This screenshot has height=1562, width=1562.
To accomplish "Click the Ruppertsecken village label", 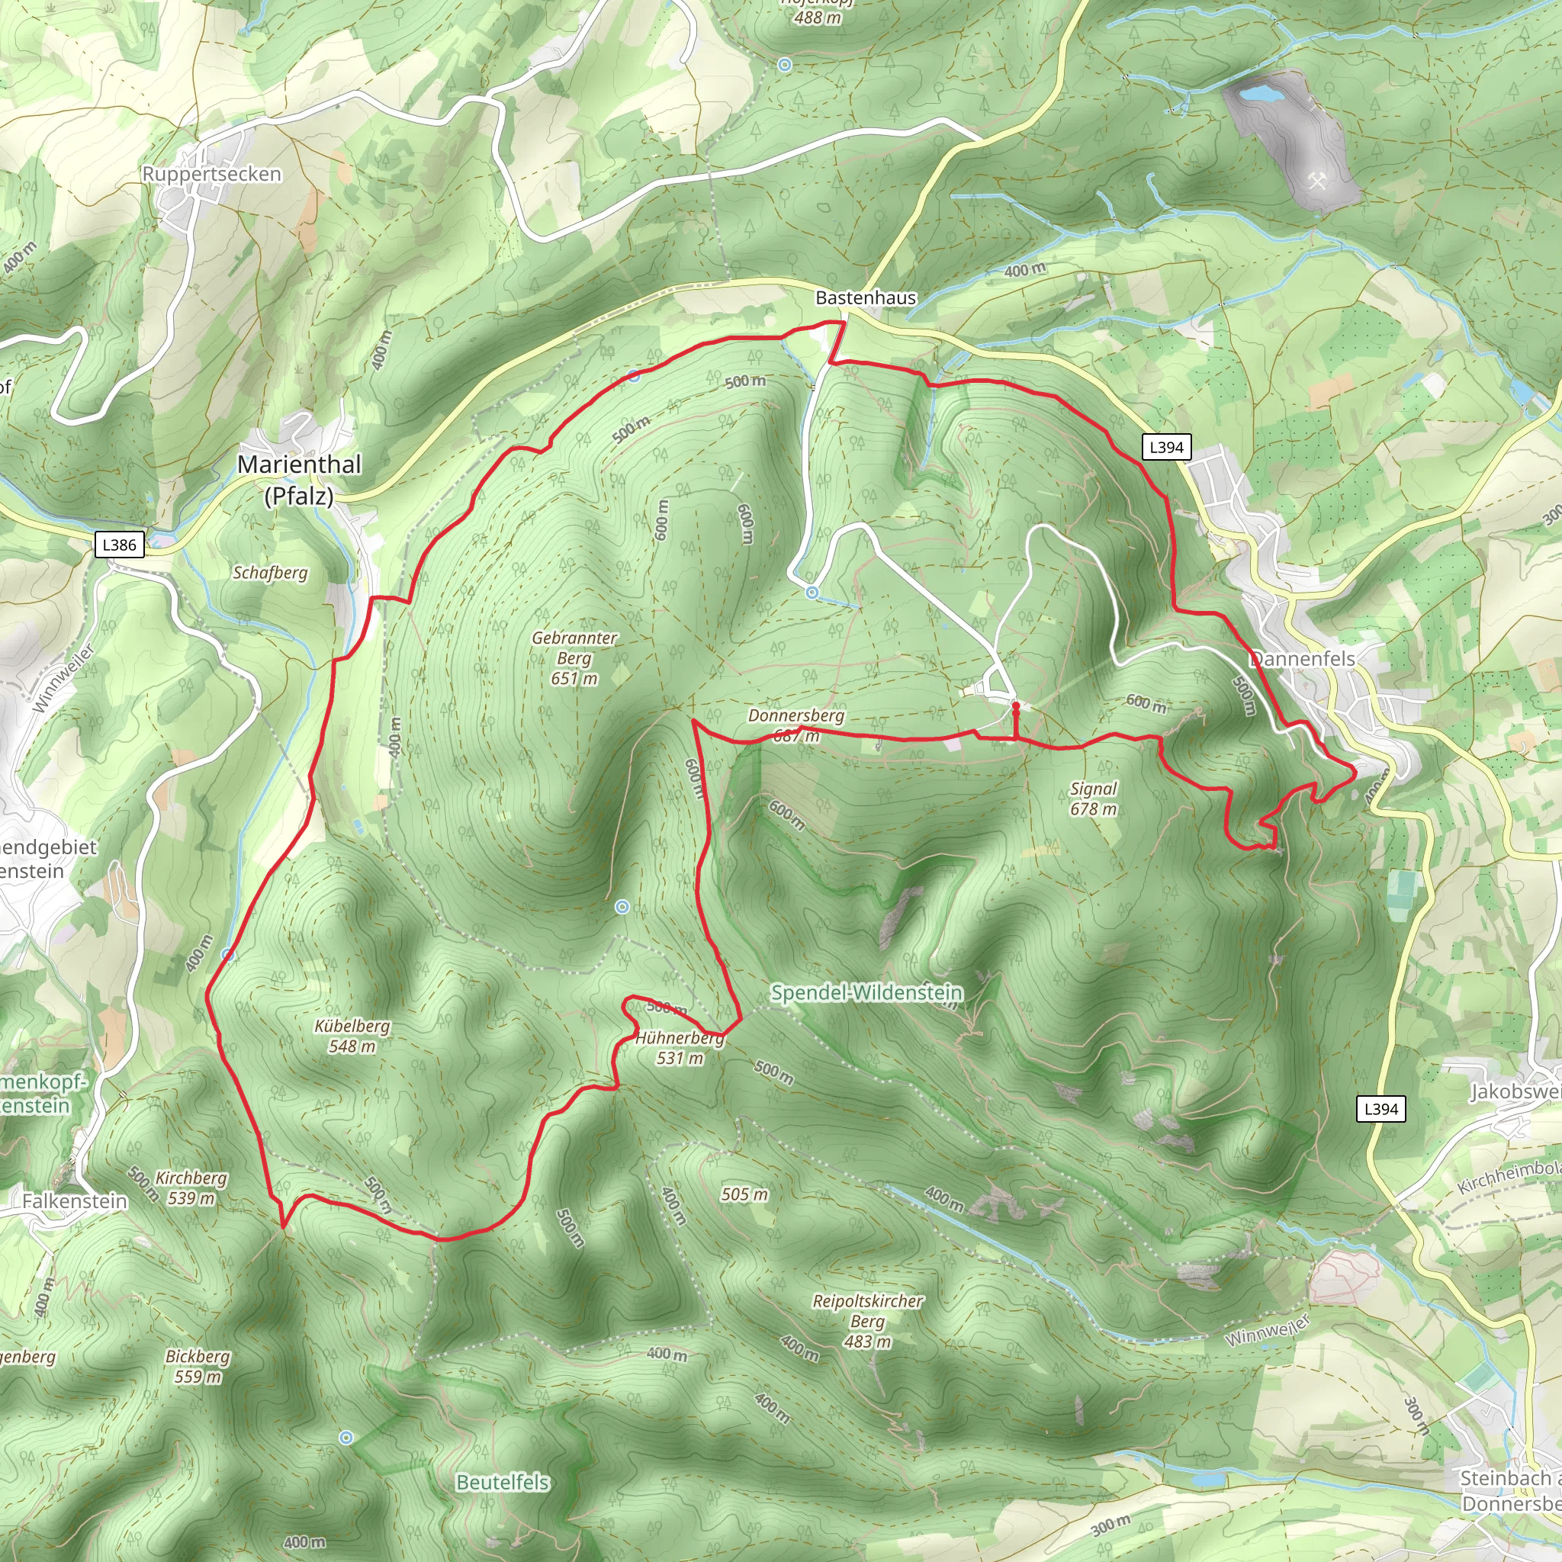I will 212,174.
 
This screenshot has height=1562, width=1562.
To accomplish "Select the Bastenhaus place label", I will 866,297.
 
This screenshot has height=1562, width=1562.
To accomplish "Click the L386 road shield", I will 120,544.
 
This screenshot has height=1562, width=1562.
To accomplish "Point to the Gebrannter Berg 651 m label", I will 574,658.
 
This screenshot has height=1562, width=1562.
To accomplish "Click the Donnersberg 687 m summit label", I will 795,725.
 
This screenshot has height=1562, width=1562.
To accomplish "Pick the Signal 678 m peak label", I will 1093,799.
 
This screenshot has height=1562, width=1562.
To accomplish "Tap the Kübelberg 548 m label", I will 352,1036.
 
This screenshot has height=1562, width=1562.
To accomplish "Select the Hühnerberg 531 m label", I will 679,1048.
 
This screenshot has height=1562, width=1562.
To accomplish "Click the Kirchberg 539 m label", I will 191,1188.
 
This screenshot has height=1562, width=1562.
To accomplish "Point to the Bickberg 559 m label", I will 198,1366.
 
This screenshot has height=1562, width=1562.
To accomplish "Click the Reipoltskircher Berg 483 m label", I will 867,1321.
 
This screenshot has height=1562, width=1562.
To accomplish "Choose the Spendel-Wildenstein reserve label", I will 866,992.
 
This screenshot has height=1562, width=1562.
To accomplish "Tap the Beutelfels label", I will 503,1482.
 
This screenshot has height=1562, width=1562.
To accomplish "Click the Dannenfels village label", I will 1303,658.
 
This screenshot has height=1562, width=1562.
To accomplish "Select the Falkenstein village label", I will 75,1201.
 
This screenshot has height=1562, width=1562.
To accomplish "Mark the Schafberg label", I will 270,573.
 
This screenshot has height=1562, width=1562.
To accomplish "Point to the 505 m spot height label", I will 744,1194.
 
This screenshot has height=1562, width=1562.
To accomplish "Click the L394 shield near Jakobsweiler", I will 1381,1109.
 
